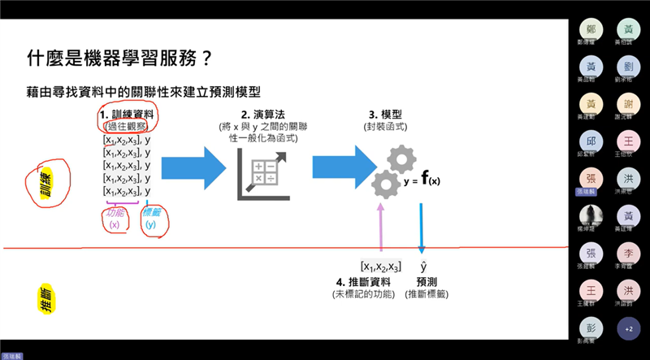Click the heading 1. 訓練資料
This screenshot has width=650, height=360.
tap(127, 115)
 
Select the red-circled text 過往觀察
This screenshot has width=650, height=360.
tap(126, 126)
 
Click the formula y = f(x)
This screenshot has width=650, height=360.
tap(422, 180)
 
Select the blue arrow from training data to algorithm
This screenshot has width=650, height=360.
tap(193, 168)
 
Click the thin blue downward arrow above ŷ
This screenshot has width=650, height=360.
tap(422, 228)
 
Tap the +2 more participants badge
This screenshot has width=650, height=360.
tap(627, 328)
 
